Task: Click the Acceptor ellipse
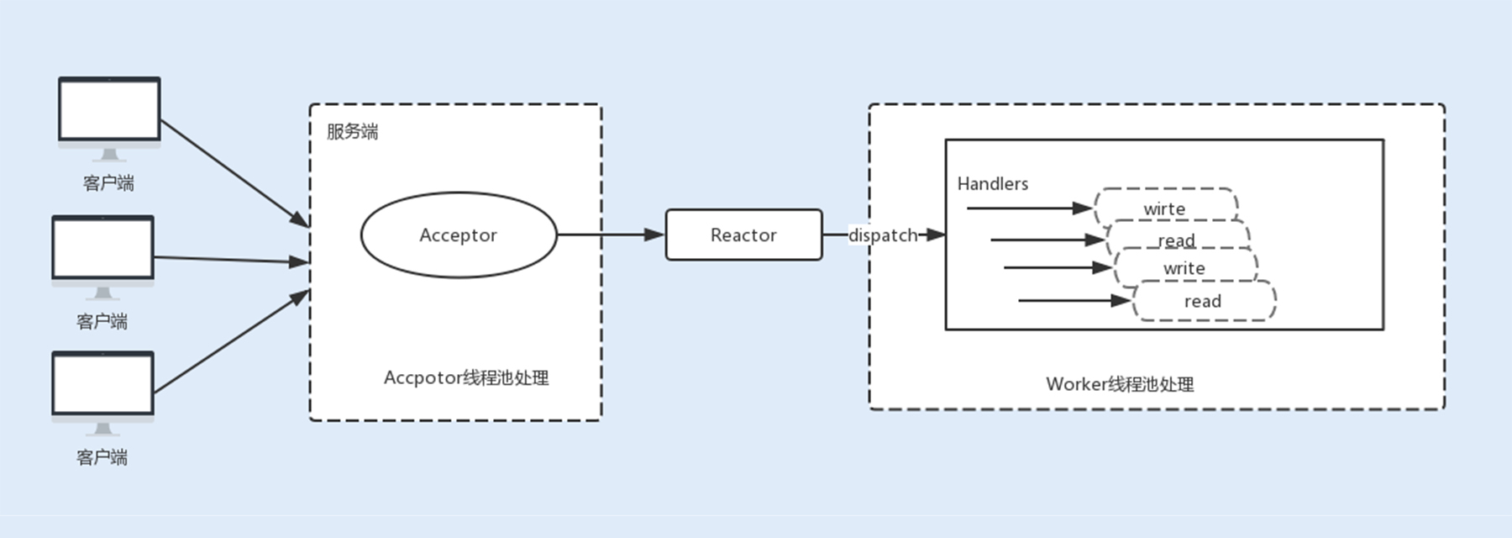(458, 235)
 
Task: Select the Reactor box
(743, 235)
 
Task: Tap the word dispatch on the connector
(882, 235)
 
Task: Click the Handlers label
(992, 183)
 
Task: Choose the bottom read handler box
(1204, 301)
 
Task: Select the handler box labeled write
(1184, 268)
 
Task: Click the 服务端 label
(352, 131)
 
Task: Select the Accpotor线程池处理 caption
(466, 377)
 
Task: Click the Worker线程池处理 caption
(1120, 384)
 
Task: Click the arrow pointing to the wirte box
(1029, 208)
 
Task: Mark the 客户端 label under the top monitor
(108, 183)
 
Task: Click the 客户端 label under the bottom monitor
(102, 457)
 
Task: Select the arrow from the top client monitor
(234, 172)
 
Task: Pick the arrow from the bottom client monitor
(231, 341)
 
